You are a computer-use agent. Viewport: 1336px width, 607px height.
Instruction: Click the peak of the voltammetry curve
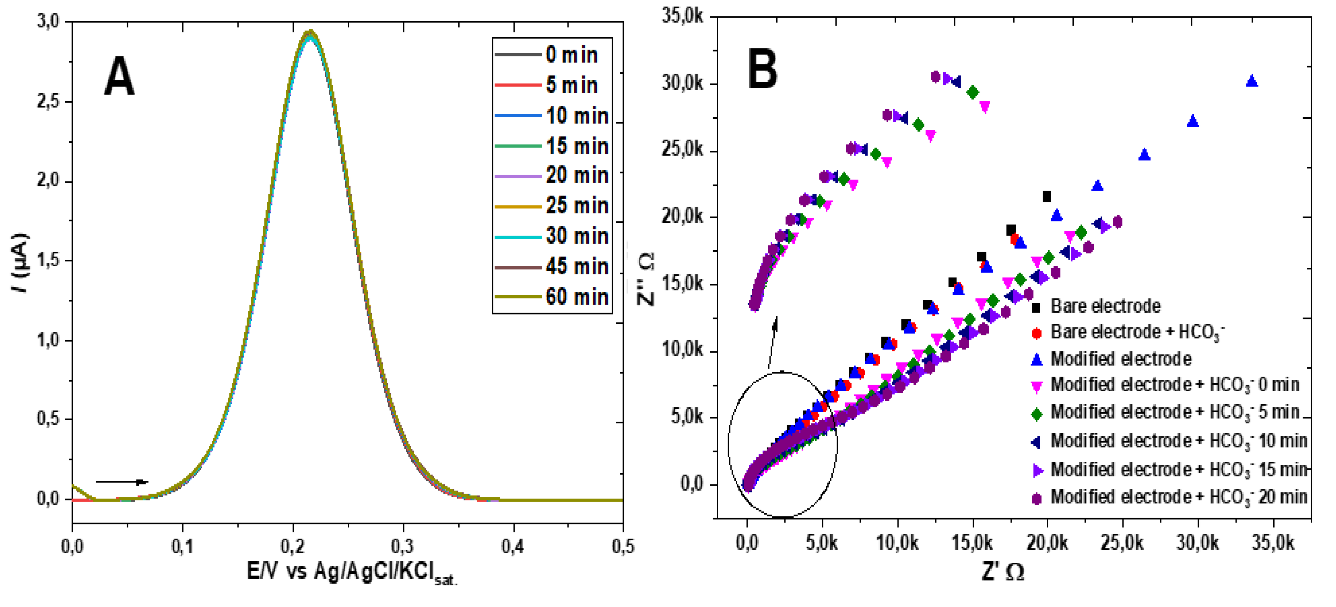(310, 33)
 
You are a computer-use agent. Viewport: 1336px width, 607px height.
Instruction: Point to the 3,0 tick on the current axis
(48, 21)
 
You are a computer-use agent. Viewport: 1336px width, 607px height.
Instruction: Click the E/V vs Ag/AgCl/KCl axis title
(352, 572)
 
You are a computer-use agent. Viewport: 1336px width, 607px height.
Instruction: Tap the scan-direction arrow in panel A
(122, 482)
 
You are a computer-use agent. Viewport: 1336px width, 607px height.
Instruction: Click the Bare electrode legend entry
(1105, 306)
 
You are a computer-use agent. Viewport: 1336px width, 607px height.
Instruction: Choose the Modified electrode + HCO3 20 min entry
(1177, 497)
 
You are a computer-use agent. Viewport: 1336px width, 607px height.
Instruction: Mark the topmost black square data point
(1046, 197)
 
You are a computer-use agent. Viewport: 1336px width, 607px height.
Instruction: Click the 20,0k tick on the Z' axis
(1047, 543)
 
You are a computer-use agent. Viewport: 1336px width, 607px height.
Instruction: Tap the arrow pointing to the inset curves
(772, 342)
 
